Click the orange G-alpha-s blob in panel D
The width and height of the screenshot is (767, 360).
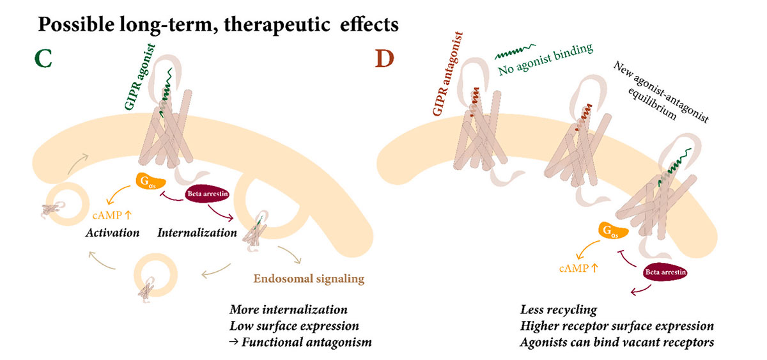tap(612, 230)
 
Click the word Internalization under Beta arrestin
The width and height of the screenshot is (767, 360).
tap(197, 233)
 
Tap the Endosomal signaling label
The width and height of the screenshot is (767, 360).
tap(309, 279)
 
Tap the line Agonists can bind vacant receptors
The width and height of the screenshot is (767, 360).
tap(617, 342)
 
